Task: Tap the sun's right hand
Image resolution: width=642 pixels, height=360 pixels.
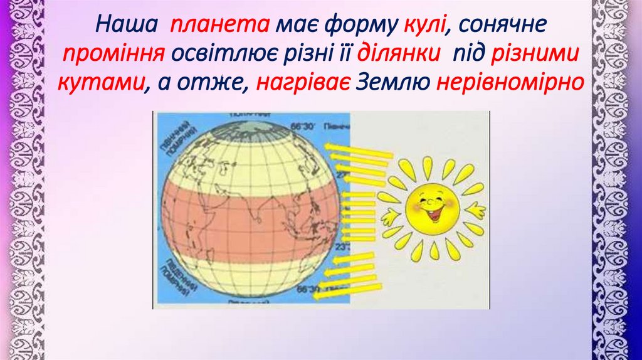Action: tap(476, 211)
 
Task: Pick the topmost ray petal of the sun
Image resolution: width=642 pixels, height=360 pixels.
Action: tap(428, 166)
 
